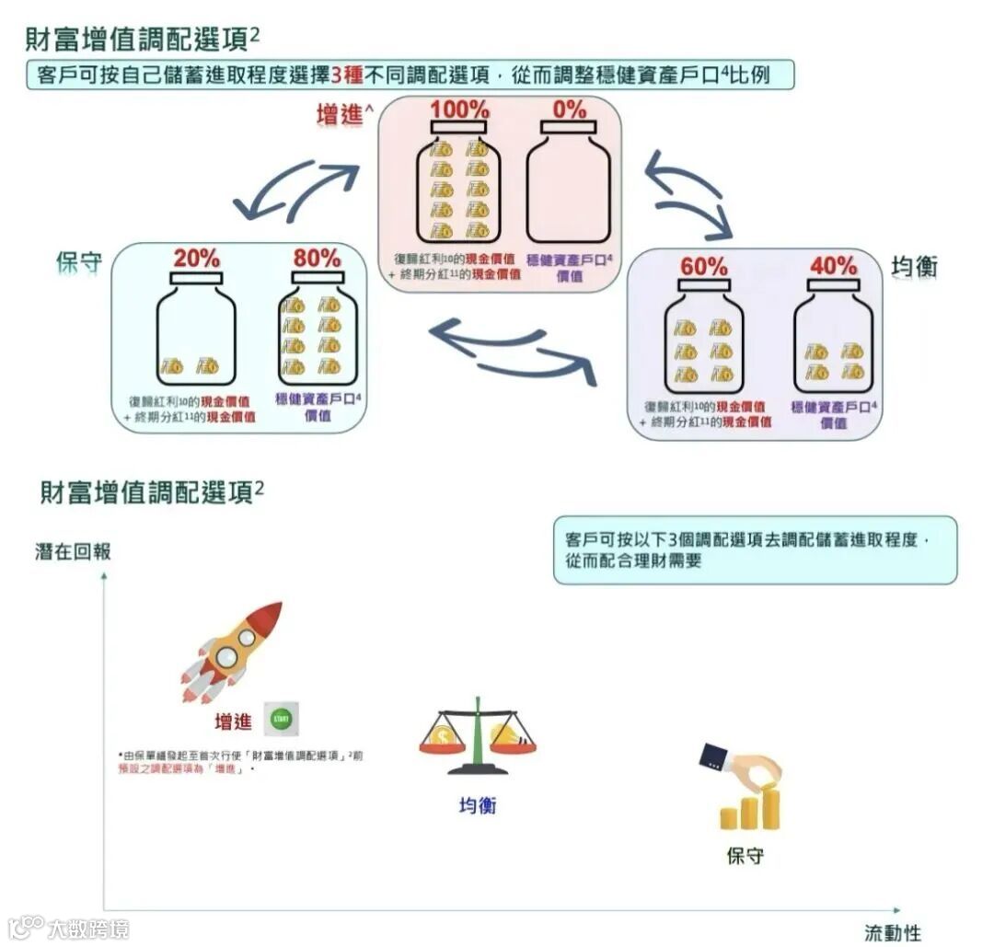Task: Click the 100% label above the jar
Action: click(460, 110)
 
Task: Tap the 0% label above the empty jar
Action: click(570, 110)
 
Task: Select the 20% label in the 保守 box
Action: click(196, 260)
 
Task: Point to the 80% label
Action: click(317, 260)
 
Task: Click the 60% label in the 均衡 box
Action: click(704, 267)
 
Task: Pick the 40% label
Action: click(833, 267)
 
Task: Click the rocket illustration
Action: click(231, 652)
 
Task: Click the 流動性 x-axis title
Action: click(892, 931)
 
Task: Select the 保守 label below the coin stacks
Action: click(745, 856)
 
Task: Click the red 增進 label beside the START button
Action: click(233, 722)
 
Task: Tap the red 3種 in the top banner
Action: click(361, 74)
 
